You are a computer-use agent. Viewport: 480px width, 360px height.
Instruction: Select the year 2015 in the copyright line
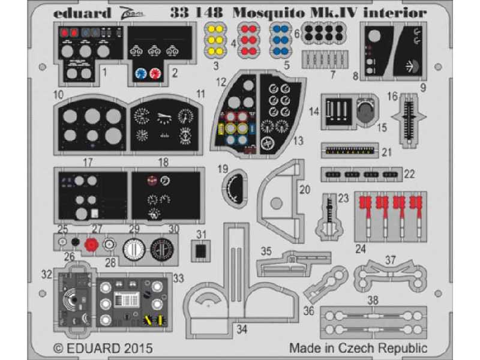click(137, 348)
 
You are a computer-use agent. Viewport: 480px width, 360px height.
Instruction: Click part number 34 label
click(242, 329)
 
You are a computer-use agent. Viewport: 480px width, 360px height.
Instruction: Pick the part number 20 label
click(305, 190)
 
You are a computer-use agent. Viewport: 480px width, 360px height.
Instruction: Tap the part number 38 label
click(373, 300)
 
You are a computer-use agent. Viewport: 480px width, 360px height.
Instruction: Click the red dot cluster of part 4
click(247, 38)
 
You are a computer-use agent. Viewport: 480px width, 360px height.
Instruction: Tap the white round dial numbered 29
click(134, 248)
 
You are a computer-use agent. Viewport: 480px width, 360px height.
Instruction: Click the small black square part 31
click(202, 249)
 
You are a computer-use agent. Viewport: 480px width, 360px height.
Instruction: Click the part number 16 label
click(392, 95)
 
